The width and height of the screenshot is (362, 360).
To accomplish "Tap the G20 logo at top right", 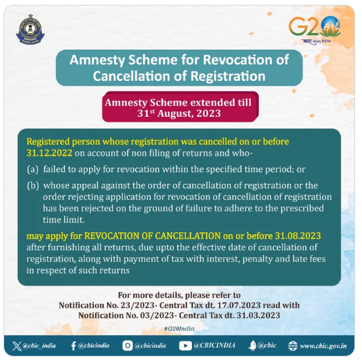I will point(315,28).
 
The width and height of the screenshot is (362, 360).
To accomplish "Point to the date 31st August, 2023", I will point(181,114).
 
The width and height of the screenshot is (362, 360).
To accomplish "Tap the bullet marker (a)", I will point(32,169).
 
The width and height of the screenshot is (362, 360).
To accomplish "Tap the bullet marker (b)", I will point(32,185).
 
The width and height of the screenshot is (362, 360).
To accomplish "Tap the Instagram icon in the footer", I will point(128,344).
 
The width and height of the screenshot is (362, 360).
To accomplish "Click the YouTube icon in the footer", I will point(185,344).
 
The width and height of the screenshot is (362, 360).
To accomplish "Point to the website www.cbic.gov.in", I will point(325,344).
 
